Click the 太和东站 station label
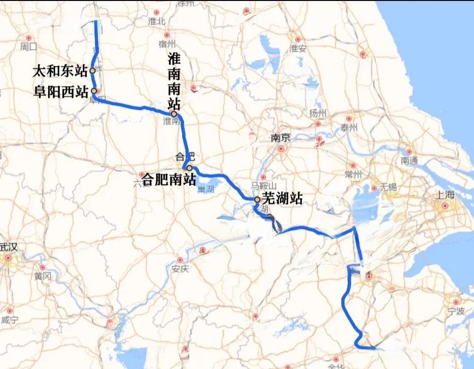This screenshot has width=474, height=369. (60, 72)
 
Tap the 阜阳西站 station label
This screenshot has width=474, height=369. (60, 91)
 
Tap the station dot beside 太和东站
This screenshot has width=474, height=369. (93, 71)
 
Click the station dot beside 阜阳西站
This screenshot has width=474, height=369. (94, 90)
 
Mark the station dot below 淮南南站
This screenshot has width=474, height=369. (174, 114)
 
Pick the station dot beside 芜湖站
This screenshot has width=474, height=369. (257, 200)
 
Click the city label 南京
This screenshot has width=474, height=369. (281, 138)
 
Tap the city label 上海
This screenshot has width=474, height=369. (444, 195)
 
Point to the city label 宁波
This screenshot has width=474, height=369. (456, 311)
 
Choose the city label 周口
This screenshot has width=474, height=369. (29, 47)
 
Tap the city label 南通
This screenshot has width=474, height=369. (409, 160)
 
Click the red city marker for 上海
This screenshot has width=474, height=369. (444, 206)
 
